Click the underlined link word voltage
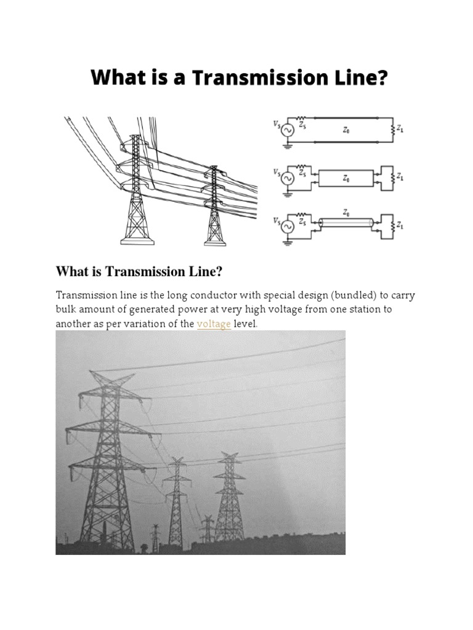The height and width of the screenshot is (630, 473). pos(214,324)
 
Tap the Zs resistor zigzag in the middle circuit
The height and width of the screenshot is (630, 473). pos(302,165)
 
